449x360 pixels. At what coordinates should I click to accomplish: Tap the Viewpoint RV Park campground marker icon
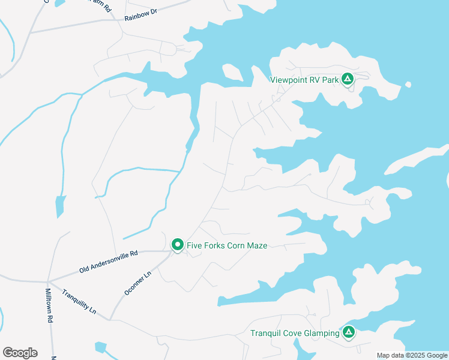[x=347, y=79]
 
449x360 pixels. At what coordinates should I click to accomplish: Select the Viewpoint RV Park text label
[x=304, y=79]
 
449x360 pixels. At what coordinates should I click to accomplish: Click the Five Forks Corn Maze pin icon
[x=177, y=245]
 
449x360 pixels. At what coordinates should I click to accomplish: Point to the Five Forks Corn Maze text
[x=227, y=245]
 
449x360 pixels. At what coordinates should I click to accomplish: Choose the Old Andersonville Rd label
[x=109, y=262]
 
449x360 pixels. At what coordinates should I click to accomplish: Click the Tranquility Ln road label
[x=79, y=302]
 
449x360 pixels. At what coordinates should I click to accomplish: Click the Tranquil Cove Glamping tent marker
[x=349, y=332]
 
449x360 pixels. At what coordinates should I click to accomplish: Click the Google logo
[x=20, y=353]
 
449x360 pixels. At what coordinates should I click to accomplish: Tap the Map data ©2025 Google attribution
[x=412, y=355]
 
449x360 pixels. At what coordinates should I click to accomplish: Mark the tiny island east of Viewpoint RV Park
[x=408, y=84]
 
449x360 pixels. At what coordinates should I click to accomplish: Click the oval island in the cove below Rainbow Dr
[x=232, y=72]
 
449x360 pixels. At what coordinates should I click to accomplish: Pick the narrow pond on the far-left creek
[x=59, y=206]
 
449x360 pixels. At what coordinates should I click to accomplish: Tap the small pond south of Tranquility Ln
[x=100, y=347]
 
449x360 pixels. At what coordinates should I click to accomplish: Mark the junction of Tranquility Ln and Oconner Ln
[x=109, y=319]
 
